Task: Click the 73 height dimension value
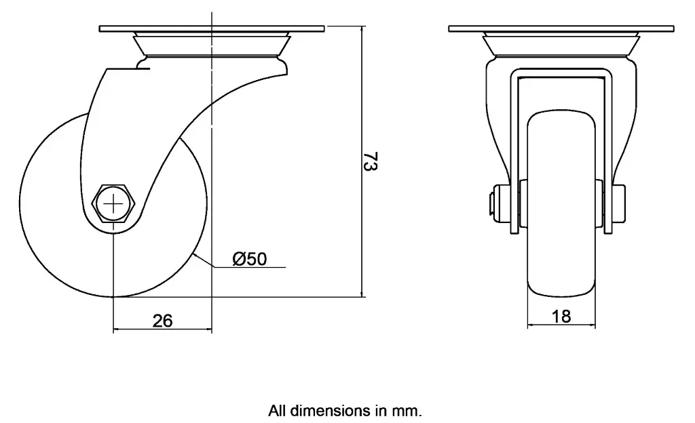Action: pyautogui.click(x=371, y=163)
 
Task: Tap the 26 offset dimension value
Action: pyautogui.click(x=162, y=321)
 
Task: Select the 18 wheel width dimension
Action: pyautogui.click(x=562, y=316)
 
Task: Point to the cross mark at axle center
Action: pyautogui.click(x=114, y=203)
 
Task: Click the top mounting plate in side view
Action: pyautogui.click(x=212, y=28)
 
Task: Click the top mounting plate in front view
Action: pyautogui.click(x=561, y=28)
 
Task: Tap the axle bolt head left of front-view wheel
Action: pyautogui.click(x=492, y=204)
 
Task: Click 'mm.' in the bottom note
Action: pyautogui.click(x=411, y=410)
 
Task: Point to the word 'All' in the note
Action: pyautogui.click(x=277, y=410)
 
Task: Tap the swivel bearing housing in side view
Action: pyautogui.click(x=212, y=47)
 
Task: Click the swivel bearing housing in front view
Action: pyautogui.click(x=561, y=45)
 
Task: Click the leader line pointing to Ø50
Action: pyautogui.click(x=204, y=263)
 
